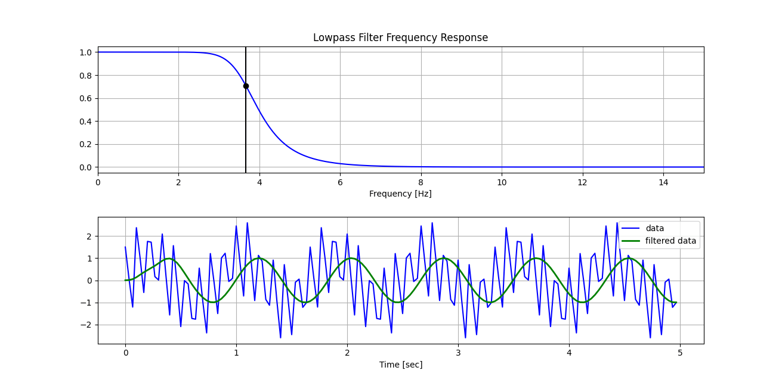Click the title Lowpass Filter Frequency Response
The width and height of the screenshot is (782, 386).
click(x=400, y=38)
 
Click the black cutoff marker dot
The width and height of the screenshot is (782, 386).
click(x=246, y=86)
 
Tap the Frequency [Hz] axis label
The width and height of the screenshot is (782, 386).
click(x=400, y=194)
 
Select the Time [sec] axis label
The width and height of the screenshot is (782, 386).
click(x=400, y=365)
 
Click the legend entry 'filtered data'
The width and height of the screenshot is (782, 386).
click(x=670, y=241)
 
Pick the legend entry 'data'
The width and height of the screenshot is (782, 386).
click(x=654, y=228)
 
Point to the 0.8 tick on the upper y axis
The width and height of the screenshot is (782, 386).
click(x=85, y=76)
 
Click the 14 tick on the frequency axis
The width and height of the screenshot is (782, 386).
click(x=663, y=182)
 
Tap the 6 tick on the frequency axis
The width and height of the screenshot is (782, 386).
click(x=340, y=182)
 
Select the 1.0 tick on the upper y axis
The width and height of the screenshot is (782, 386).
click(x=85, y=52)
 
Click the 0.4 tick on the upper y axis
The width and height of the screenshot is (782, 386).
click(x=85, y=122)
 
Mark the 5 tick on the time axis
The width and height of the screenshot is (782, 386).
click(x=680, y=353)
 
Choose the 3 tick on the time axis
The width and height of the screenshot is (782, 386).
click(x=458, y=353)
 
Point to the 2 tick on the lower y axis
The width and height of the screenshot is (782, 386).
click(x=88, y=236)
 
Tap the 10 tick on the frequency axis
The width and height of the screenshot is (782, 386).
click(x=502, y=182)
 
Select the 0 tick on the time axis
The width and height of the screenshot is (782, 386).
click(x=125, y=353)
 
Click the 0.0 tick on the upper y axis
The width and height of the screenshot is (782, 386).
click(x=85, y=167)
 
